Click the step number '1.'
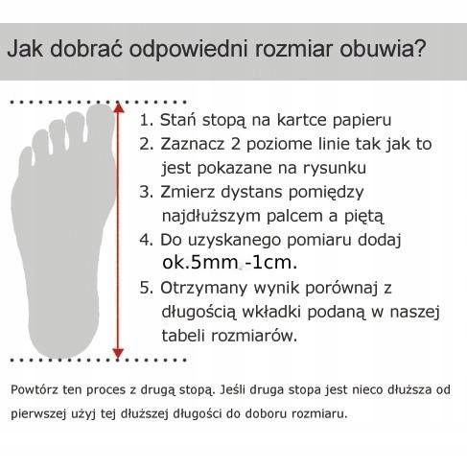click(147, 122)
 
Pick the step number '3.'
click(147, 191)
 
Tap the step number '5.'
click(147, 287)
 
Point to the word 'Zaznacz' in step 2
click(191, 145)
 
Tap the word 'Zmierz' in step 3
click(188, 191)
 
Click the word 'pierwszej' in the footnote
click(39, 413)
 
